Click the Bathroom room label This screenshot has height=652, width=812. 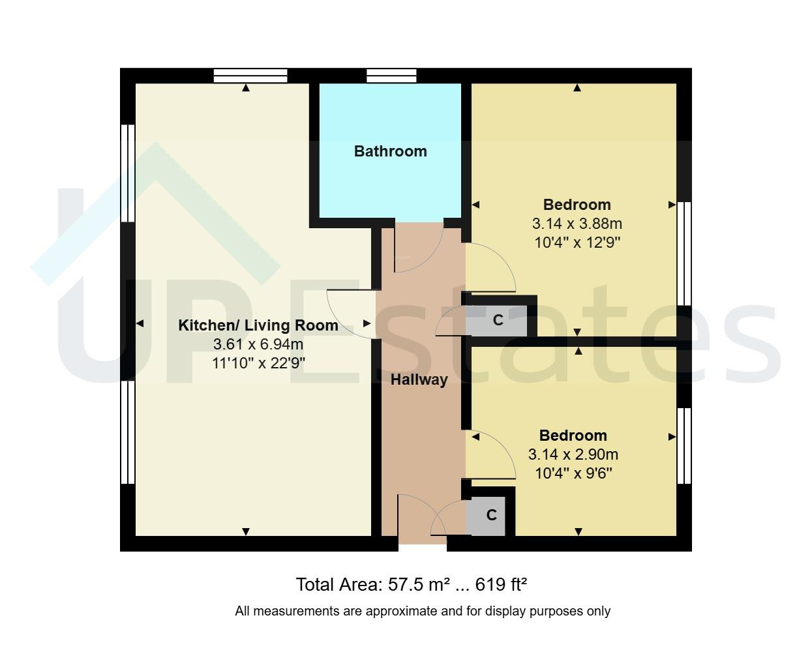pyautogui.click(x=390, y=151)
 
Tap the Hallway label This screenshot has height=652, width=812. pyautogui.click(x=419, y=379)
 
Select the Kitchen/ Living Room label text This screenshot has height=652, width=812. pyautogui.click(x=258, y=325)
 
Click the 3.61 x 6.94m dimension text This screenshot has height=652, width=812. pyautogui.click(x=258, y=344)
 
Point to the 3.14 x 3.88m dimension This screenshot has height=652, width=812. pyautogui.click(x=577, y=224)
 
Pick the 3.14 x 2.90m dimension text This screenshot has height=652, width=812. pyautogui.click(x=573, y=454)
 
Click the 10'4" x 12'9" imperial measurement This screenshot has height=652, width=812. pyautogui.click(x=577, y=243)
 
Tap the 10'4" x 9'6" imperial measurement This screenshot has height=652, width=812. pyautogui.click(x=573, y=473)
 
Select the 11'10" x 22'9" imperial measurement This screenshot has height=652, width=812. pyautogui.click(x=258, y=363)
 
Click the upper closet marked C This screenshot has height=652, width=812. pyautogui.click(x=498, y=320)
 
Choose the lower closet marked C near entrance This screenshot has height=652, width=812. pyautogui.click(x=490, y=515)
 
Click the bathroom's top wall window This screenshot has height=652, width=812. pyautogui.click(x=391, y=76)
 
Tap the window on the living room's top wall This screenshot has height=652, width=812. pyautogui.click(x=250, y=76)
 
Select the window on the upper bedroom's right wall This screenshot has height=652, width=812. pyautogui.click(x=684, y=253)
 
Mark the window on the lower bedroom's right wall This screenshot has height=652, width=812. pyautogui.click(x=684, y=446)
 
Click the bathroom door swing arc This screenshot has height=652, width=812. pyautogui.click(x=417, y=248)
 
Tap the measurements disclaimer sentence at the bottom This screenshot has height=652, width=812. pyautogui.click(x=423, y=612)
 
